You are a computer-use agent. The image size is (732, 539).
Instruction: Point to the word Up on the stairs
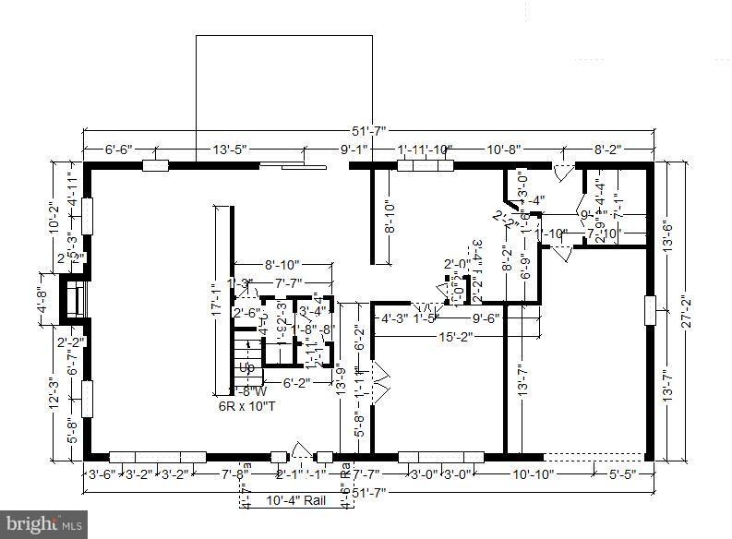click(246, 367)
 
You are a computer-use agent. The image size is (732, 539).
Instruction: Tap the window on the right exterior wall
click(650, 310)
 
